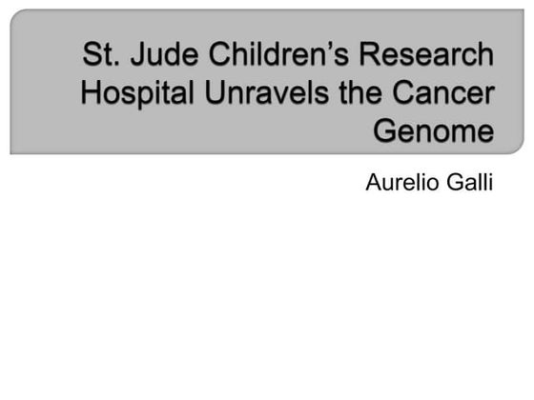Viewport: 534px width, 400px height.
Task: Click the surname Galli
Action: (x=469, y=182)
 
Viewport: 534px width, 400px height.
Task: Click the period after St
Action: (x=113, y=64)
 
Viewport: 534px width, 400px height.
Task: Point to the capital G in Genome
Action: (x=384, y=131)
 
